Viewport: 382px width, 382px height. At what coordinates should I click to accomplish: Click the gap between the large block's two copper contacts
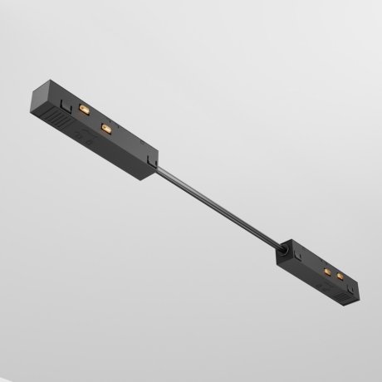(x=95, y=120)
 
